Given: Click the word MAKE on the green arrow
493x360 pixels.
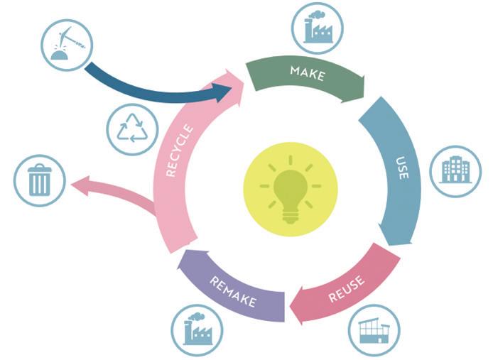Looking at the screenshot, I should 308,72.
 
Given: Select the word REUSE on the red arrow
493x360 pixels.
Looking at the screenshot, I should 347,290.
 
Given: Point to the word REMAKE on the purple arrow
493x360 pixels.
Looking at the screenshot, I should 233,291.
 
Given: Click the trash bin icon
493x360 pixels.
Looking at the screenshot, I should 40,180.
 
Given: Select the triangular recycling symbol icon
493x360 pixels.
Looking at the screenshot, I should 132,130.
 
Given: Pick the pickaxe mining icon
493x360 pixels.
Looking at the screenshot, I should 67,45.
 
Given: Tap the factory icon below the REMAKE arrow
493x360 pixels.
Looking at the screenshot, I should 197,330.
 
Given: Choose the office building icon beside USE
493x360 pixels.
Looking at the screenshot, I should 455,171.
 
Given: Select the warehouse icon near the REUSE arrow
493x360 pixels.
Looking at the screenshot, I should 374,330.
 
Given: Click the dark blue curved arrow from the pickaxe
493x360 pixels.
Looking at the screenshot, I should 142,89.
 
